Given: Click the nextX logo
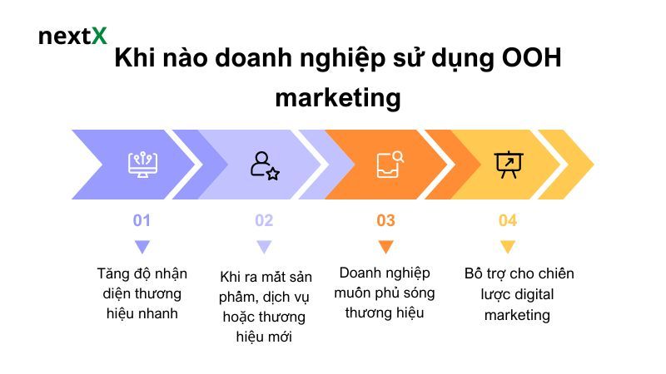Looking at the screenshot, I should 72,37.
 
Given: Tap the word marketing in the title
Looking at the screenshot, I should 337,98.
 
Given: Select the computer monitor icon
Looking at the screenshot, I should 142,164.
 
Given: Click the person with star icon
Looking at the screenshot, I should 264,164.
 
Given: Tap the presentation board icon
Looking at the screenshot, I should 507,164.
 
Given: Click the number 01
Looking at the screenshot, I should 142,220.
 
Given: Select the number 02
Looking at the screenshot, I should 264,220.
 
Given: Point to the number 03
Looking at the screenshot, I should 385,220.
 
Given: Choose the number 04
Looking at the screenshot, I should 508,220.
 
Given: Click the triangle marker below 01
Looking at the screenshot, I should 142,246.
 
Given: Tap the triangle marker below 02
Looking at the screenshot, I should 264,246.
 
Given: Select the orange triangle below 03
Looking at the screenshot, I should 385,246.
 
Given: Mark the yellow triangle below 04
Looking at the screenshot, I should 508,246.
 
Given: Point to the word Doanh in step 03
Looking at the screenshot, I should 360,273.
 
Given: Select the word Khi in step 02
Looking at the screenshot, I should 231,277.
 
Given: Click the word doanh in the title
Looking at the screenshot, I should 251,61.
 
